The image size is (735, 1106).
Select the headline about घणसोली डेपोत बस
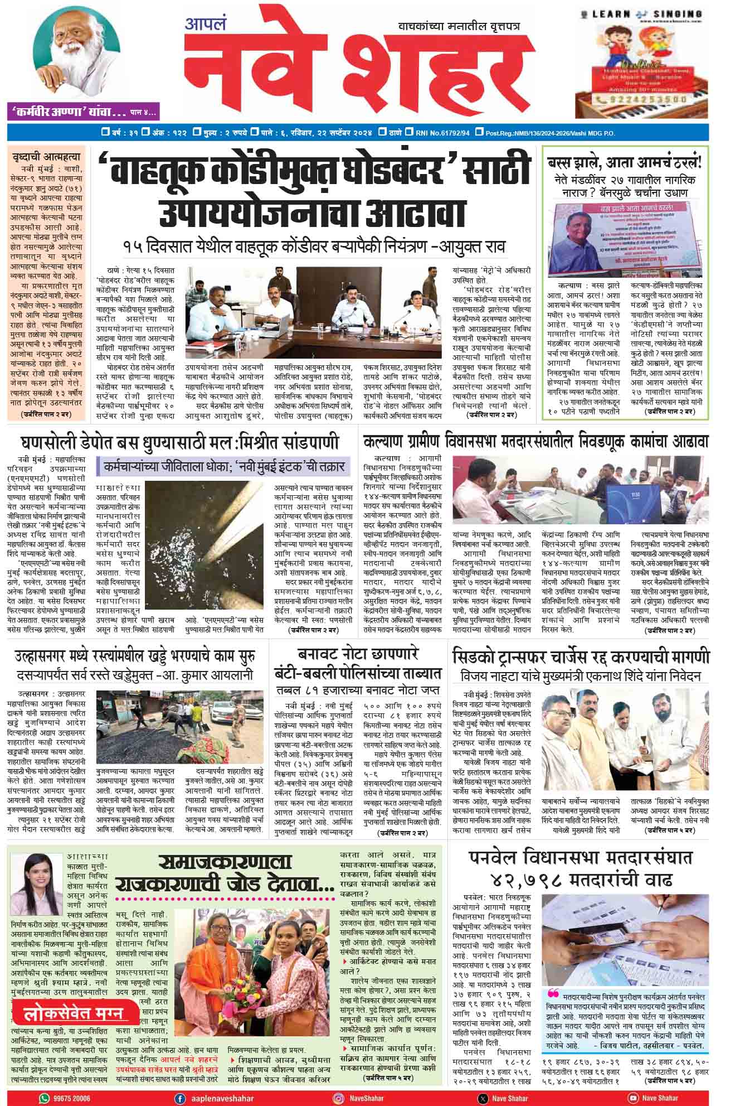coord(179,443)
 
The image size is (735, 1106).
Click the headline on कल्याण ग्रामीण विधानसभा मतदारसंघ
coord(536,442)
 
